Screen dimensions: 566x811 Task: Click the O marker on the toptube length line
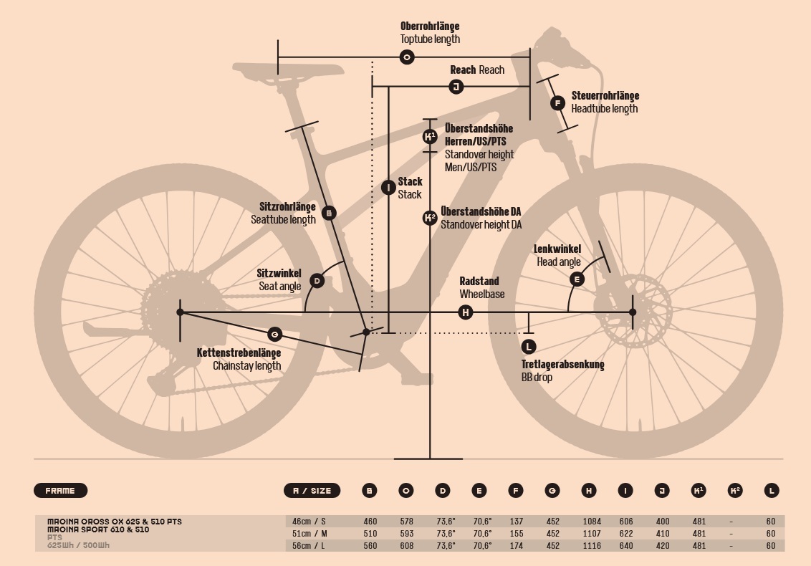pos(407,57)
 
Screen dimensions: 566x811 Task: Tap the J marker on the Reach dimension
pos(456,87)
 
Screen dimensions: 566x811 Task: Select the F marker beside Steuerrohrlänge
pos(558,103)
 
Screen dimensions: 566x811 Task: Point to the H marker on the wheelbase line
pos(465,312)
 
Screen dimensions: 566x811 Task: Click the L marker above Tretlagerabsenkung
pos(529,347)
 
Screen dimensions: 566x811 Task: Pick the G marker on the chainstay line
pos(274,334)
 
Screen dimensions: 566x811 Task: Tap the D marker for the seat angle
pos(317,281)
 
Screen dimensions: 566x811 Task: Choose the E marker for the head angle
pos(577,279)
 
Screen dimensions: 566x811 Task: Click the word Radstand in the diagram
pos(479,282)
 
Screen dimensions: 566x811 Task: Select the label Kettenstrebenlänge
pos(239,352)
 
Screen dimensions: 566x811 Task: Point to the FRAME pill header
pos(60,491)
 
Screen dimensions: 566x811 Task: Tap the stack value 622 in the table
pos(626,534)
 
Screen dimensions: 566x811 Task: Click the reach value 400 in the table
pos(662,522)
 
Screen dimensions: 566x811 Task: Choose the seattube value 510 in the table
pos(370,534)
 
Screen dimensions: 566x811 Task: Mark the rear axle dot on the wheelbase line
pos(181,312)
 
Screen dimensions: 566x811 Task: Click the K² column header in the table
pos(734,491)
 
